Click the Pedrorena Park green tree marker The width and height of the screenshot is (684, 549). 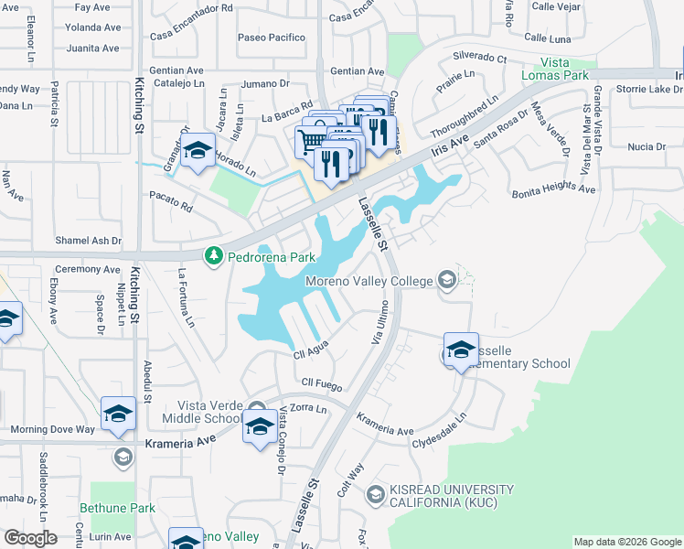tap(213, 255)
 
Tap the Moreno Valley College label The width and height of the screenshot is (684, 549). tap(369, 281)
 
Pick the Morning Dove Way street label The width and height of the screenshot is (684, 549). tap(52, 429)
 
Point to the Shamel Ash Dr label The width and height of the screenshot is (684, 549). tap(88, 241)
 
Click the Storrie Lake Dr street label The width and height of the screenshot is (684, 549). tap(649, 90)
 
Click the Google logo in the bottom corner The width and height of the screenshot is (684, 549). tap(30, 538)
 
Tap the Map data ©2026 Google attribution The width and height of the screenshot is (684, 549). tap(627, 542)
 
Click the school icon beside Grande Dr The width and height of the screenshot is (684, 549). tap(196, 153)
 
